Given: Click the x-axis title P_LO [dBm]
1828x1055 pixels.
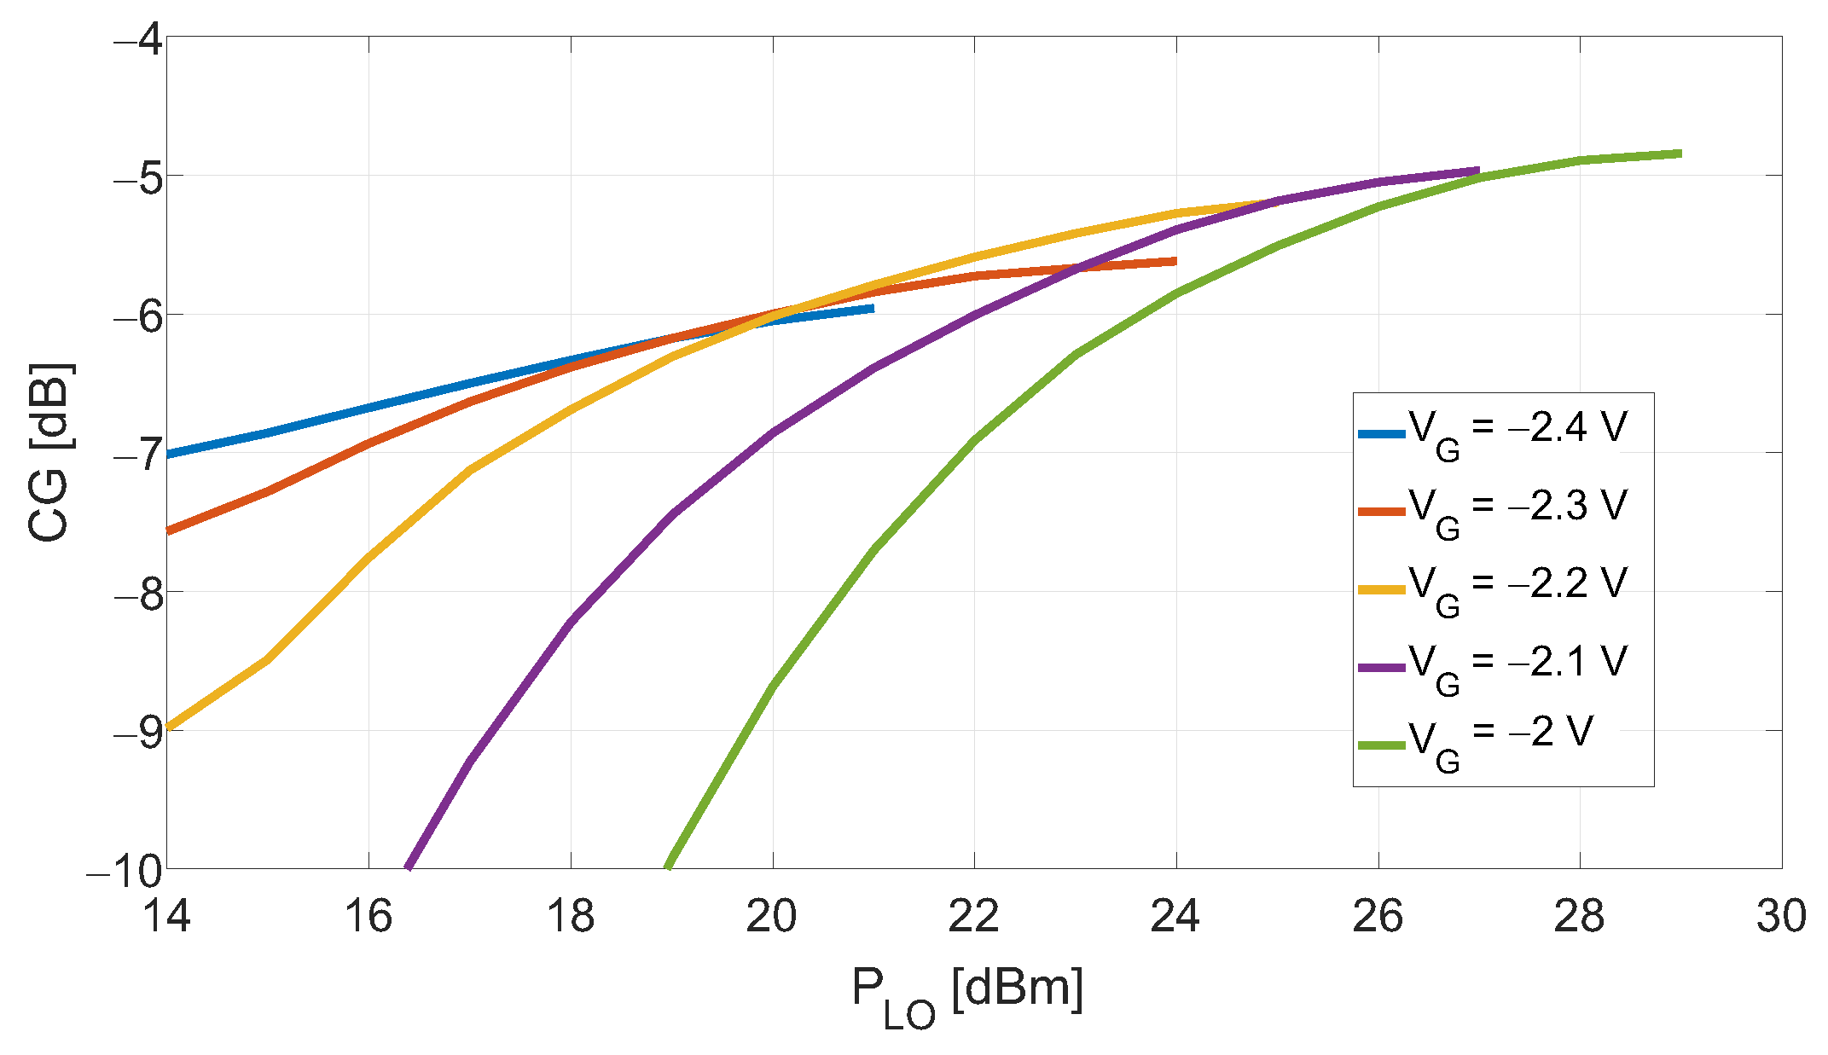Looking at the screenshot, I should [967, 994].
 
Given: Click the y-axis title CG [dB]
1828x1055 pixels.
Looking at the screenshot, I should [49, 453].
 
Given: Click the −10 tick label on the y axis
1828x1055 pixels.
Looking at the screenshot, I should [125, 871].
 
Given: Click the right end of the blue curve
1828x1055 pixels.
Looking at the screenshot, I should [872, 308].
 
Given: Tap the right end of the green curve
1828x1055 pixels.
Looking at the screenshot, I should [1680, 154].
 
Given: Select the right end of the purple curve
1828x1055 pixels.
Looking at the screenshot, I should [1477, 171].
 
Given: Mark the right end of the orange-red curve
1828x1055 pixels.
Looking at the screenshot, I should [1175, 261].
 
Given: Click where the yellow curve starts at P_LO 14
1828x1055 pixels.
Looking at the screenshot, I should [169, 727].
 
